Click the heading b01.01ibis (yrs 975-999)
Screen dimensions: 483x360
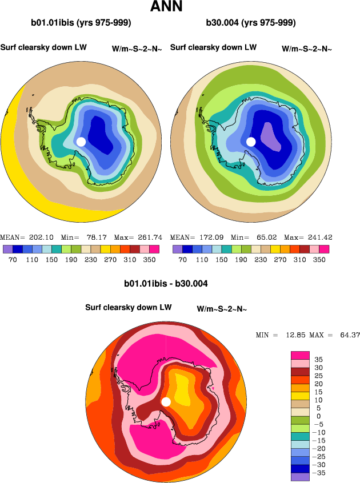81,23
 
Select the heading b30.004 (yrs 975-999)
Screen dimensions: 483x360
250,23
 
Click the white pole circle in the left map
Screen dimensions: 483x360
81,141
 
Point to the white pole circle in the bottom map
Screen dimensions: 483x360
166,402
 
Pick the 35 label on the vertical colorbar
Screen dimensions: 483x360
319,360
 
